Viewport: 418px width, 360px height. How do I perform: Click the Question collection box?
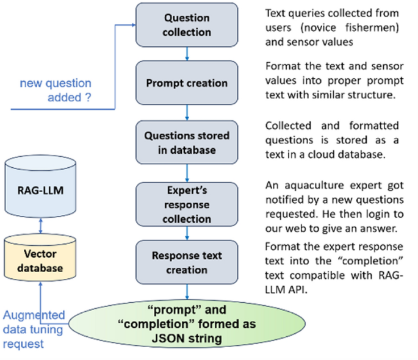point(187,26)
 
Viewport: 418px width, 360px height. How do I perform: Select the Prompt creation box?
point(187,82)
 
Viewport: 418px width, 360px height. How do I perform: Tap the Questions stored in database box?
point(187,142)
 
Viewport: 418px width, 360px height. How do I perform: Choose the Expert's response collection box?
point(187,204)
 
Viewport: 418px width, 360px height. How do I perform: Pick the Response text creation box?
point(187,262)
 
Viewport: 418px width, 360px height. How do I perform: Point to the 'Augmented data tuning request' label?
point(34,329)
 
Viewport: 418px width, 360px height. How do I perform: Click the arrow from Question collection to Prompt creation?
point(187,54)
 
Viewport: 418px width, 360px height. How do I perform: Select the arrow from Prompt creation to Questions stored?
point(187,112)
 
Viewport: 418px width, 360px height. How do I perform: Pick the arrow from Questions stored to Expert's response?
point(187,173)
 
